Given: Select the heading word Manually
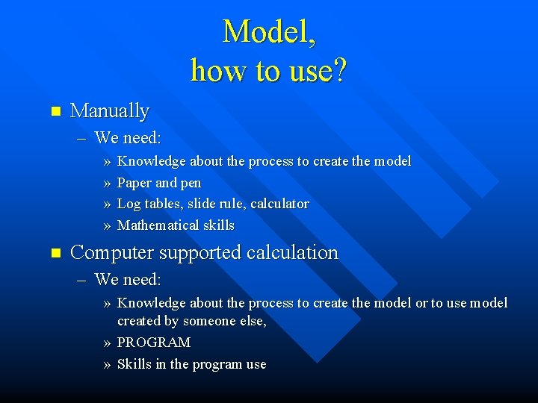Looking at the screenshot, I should (x=109, y=111).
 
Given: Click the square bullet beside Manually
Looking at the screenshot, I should (x=53, y=112).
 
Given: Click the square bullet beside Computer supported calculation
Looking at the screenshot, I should (x=53, y=254).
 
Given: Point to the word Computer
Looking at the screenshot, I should (x=108, y=253).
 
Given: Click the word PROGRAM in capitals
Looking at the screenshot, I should (x=154, y=343).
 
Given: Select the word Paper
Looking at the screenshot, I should (x=134, y=183).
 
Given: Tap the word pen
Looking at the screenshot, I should (x=191, y=183).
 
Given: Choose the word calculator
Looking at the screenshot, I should (x=279, y=204).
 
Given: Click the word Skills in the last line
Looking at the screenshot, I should (x=134, y=364).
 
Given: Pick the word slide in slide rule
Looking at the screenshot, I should (x=205, y=204).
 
